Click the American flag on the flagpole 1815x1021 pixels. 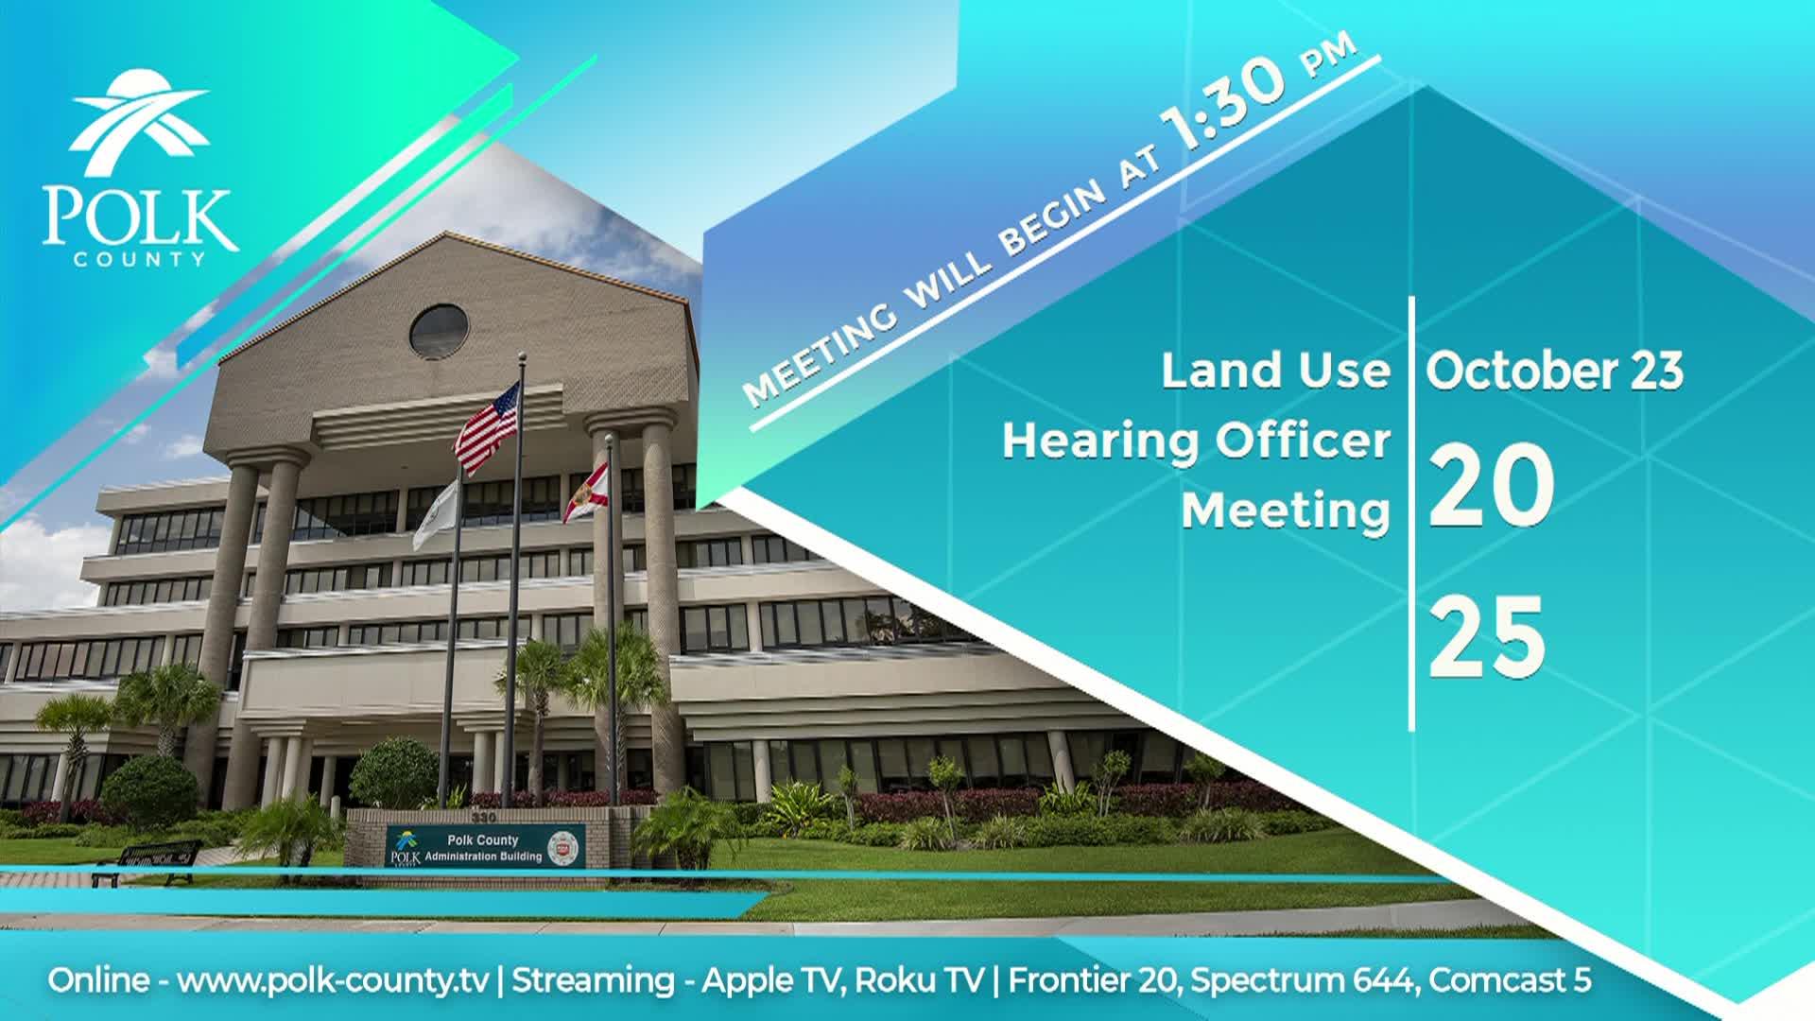pyautogui.click(x=488, y=427)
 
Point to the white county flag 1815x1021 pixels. pyautogui.click(x=436, y=514)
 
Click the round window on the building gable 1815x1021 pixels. pyautogui.click(x=439, y=331)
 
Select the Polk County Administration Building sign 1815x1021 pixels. pyautogui.click(x=484, y=847)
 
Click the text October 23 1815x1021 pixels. pyautogui.click(x=1554, y=371)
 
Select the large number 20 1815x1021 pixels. pyautogui.click(x=1490, y=487)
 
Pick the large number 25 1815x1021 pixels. pyautogui.click(x=1487, y=637)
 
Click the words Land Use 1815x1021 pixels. pyautogui.click(x=1275, y=371)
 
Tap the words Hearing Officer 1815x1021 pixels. pyautogui.click(x=1196, y=441)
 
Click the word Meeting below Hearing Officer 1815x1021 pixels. pyautogui.click(x=1285, y=511)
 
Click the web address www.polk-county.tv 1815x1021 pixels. pyautogui.click(x=333, y=980)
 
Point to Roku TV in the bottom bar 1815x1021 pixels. pyautogui.click(x=919, y=980)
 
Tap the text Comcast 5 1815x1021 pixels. pyautogui.click(x=1510, y=980)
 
